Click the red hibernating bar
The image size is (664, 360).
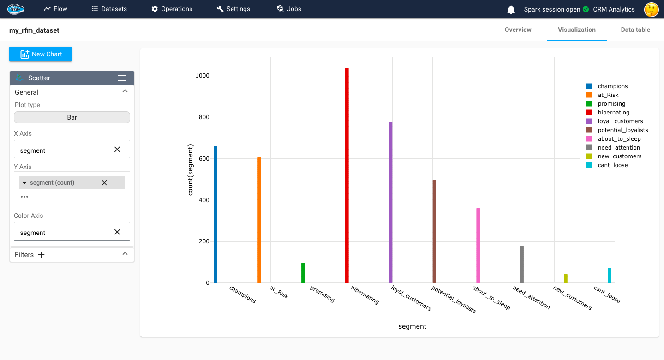point(347,175)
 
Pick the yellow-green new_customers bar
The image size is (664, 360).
point(565,278)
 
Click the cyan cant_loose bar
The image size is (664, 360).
point(609,276)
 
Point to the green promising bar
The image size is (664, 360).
point(303,273)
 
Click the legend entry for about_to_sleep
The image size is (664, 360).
point(619,139)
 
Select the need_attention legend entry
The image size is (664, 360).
point(619,148)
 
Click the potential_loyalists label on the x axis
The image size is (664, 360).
point(453,300)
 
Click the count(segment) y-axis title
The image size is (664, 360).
point(191,170)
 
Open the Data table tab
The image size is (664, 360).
point(635,30)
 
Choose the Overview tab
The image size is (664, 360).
point(518,30)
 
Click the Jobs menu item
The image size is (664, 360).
point(289,9)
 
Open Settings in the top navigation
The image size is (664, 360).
point(233,9)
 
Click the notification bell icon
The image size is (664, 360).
point(511,9)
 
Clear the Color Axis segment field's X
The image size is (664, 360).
point(117,232)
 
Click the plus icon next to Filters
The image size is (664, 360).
point(41,255)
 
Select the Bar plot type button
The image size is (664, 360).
point(72,117)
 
